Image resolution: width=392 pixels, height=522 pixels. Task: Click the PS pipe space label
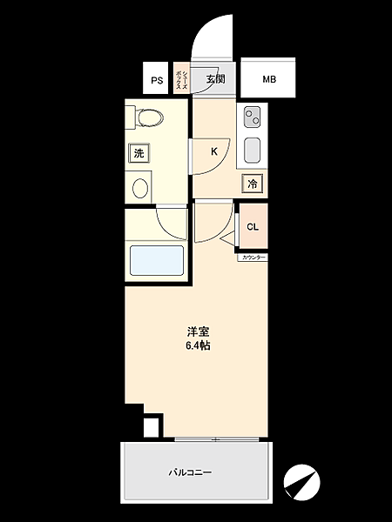(157, 81)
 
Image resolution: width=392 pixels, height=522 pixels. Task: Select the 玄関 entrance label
(215, 80)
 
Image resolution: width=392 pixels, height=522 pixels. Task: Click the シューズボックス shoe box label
(179, 79)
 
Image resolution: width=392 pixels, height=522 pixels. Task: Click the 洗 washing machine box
(138, 154)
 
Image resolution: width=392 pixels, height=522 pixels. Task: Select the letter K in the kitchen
(213, 151)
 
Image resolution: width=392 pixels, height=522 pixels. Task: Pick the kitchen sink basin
(252, 150)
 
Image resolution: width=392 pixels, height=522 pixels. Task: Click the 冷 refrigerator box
(252, 184)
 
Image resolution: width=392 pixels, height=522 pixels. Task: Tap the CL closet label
(252, 227)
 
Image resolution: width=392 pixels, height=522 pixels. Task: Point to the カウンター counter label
(252, 258)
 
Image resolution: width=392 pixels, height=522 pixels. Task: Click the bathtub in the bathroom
(157, 261)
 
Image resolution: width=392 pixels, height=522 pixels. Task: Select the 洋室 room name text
(197, 331)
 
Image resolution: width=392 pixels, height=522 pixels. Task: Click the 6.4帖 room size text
(197, 345)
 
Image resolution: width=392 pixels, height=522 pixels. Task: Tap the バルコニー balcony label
(190, 472)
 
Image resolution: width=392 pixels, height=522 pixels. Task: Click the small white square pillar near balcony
(152, 427)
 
